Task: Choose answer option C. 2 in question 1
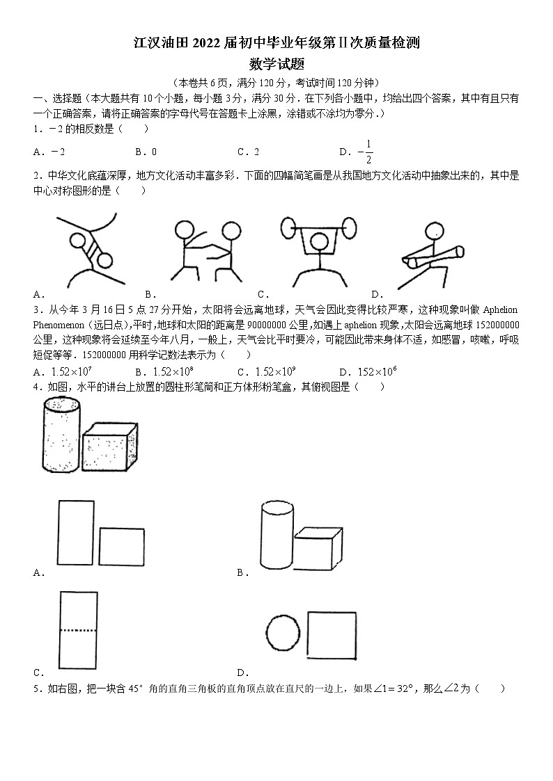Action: tap(249, 152)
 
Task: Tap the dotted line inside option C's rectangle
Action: tap(77, 630)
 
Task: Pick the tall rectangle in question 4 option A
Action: tap(75, 533)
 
